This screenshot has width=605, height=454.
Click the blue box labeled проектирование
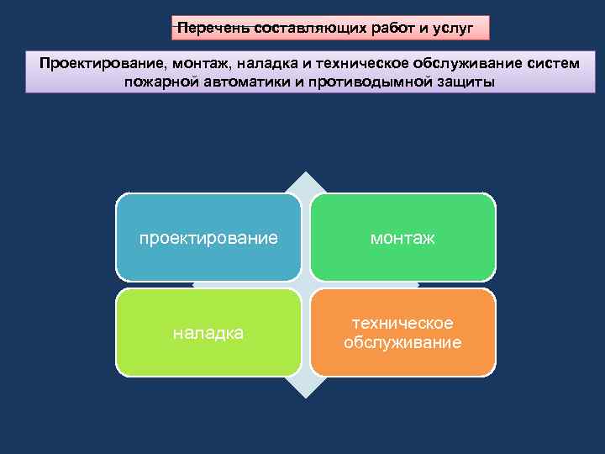208,238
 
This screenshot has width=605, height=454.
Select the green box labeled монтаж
402,238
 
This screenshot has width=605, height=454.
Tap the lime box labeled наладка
208,333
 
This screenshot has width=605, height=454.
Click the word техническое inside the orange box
402,324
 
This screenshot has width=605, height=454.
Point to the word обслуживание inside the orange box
402,342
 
